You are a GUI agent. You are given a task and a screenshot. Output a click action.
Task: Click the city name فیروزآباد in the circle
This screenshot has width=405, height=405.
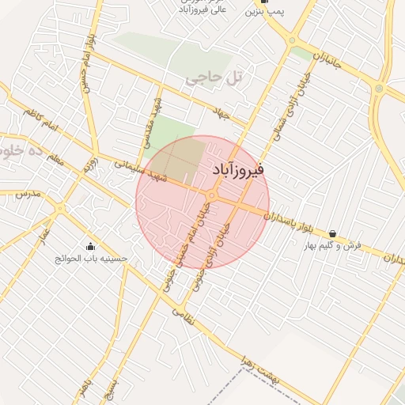coord(239,169)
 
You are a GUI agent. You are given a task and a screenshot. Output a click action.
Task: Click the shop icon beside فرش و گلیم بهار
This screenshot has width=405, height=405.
coord(331,234)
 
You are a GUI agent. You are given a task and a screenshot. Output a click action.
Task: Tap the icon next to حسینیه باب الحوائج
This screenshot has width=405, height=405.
coord(89,246)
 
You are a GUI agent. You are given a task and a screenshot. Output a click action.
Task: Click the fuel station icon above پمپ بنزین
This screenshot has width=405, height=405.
coord(274,2)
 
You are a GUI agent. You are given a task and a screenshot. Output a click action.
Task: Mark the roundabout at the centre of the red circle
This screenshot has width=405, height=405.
coord(211,195)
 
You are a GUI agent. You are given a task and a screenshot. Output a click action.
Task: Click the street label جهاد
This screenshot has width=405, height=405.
coord(221,115)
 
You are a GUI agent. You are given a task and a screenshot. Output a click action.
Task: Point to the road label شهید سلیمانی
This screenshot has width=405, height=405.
coord(141,172)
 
